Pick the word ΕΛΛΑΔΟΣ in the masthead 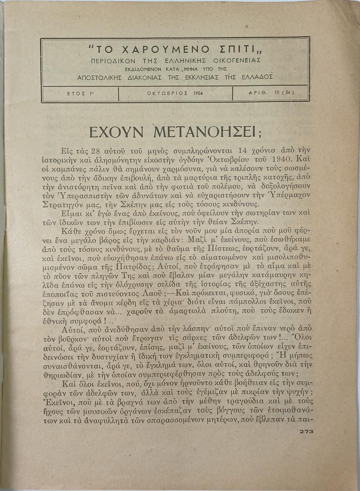click(x=257, y=78)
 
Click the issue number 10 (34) click(x=284, y=93)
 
